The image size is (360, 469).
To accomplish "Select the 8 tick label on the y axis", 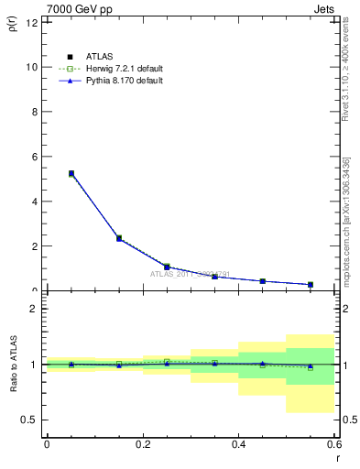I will click(35, 112).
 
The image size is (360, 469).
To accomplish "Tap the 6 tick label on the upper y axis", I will click(35, 157).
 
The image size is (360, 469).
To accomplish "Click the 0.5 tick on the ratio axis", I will click(30, 420).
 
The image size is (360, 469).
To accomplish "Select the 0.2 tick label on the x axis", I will click(142, 445).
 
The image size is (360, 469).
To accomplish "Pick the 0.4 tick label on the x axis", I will click(238, 445).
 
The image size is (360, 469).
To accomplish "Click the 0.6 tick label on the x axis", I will click(333, 445).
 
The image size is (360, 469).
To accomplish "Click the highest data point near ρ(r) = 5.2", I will click(71, 173).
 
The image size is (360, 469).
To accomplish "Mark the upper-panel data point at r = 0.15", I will click(119, 238).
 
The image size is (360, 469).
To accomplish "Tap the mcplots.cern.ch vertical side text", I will click(345, 229).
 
